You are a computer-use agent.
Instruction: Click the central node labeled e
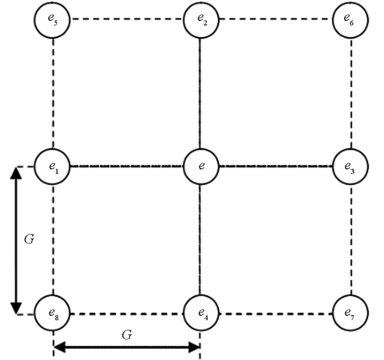(200, 165)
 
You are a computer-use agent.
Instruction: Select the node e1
(53, 165)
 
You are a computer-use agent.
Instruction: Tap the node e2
(200, 19)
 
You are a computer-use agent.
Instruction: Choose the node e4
(200, 313)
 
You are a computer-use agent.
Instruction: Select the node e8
(53, 313)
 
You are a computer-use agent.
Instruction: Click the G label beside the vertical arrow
(30, 239)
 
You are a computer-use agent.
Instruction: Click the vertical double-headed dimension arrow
(16, 239)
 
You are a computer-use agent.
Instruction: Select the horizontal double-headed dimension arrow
(127, 346)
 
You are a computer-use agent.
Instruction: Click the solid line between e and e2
(200, 92)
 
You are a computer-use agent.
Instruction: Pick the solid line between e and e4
(200, 239)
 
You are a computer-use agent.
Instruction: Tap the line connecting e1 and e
(127, 165)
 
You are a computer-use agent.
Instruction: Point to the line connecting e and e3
(275, 165)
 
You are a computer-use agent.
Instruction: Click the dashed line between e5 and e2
(126, 19)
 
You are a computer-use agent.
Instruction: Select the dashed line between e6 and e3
(351, 92)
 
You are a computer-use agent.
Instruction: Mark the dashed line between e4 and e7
(275, 314)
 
